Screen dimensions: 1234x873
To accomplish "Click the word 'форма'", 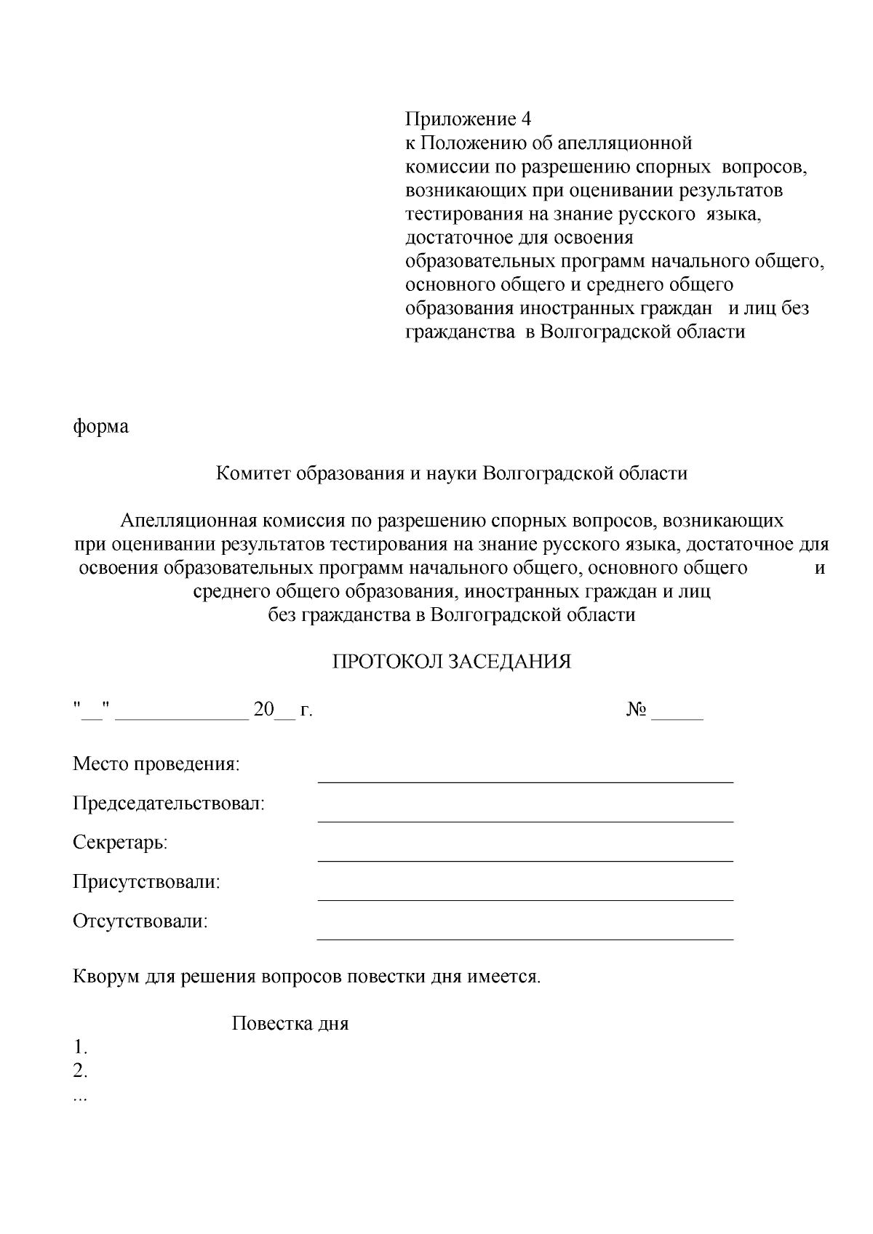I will pos(100,427).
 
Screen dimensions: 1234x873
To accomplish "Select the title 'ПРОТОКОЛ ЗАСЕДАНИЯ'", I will pos(452,662).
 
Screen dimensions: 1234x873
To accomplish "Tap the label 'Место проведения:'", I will pos(156,764).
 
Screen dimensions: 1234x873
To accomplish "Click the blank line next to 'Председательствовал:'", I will pos(525,820).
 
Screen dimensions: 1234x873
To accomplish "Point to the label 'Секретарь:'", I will pos(120,843).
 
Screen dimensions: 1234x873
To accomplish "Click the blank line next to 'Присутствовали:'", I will pos(525,899).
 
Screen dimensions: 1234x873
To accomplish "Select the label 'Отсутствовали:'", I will pos(140,921).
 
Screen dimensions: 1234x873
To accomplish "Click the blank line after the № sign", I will pos(677,718).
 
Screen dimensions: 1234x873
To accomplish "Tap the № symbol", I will pos(637,710).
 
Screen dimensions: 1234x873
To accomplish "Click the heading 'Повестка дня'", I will pos(290,1024).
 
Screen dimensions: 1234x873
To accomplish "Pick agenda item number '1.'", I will pos(80,1048).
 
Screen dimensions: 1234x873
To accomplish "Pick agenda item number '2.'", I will pos(80,1071).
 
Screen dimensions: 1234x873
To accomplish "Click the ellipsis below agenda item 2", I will pos(80,1098).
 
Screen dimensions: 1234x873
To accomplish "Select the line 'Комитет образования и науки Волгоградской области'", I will pos(452,474).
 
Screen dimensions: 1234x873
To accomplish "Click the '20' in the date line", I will pos(263,710).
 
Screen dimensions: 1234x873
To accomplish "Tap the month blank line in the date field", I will pos(182,718).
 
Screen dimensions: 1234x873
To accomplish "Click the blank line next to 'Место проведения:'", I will pos(525,781).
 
